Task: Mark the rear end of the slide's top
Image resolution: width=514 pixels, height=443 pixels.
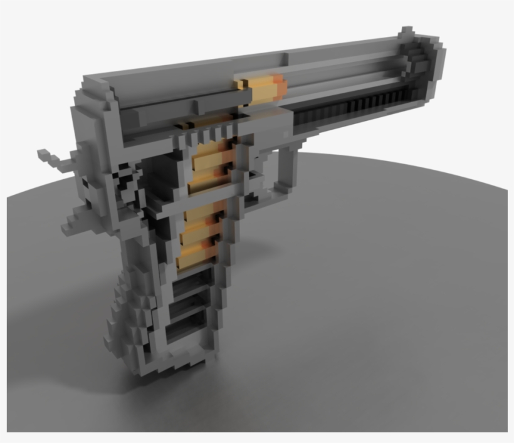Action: tap(94, 85)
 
